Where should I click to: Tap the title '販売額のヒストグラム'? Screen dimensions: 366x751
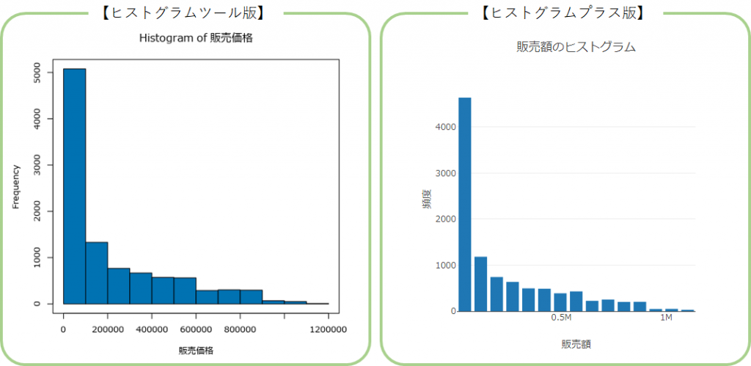coord(576,47)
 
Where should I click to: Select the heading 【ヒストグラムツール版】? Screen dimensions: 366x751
coord(183,12)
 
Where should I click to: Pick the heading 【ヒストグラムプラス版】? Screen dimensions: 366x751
coord(563,12)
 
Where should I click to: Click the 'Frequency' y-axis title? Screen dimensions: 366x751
coord(16,187)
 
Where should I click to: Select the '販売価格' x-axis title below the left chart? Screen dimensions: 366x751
coord(196,351)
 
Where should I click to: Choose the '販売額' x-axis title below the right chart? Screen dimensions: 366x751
coord(576,343)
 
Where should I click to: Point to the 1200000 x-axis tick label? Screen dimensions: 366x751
coord(328,329)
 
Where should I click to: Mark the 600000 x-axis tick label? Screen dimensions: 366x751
coord(196,329)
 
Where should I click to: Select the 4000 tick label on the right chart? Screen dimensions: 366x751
coord(446,128)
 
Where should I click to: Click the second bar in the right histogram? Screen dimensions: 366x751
coord(480,284)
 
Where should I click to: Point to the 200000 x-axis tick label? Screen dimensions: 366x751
coord(108,329)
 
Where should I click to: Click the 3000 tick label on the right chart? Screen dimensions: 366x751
coord(446,174)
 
